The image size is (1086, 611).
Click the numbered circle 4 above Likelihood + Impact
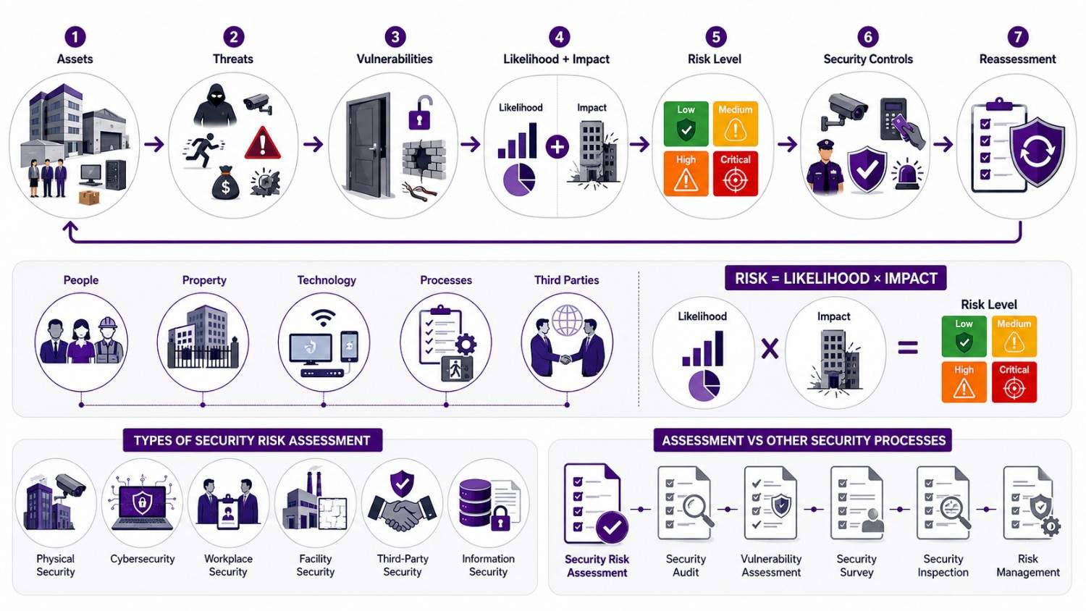[x=559, y=37]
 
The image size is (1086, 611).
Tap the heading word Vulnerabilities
[x=395, y=59]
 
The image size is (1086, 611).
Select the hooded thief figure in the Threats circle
[x=215, y=105]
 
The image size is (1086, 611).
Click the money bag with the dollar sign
[x=225, y=183]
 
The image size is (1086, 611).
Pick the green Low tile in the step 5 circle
[x=686, y=124]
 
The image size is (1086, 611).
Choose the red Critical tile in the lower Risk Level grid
[x=1014, y=382]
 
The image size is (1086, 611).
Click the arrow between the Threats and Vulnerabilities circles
[x=313, y=144]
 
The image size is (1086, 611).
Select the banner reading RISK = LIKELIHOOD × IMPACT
[x=835, y=278]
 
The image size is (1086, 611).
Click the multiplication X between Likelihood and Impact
[x=770, y=348]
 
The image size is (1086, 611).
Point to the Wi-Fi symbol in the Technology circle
[x=324, y=318]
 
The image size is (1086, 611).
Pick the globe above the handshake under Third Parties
[x=567, y=320]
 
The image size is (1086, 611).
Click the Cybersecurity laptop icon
[x=142, y=505]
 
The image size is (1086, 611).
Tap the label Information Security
[x=488, y=565]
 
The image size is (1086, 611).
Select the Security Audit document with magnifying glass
[x=685, y=503]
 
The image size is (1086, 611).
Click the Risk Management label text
[x=1028, y=565]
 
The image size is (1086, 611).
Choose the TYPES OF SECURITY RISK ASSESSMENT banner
[x=252, y=440]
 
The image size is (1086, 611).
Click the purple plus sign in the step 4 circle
[x=557, y=147]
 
